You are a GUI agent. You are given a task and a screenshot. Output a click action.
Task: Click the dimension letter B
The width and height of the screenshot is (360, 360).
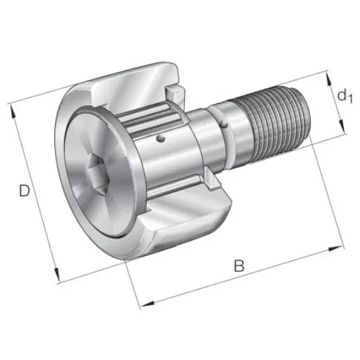pyautogui.click(x=239, y=266)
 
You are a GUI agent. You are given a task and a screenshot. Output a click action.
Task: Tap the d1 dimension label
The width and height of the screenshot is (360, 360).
pyautogui.click(x=344, y=96)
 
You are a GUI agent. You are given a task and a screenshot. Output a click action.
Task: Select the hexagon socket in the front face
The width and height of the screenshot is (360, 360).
pyautogui.click(x=96, y=172)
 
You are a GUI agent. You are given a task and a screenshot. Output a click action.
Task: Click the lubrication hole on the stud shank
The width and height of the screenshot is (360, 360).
pyautogui.click(x=224, y=126)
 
